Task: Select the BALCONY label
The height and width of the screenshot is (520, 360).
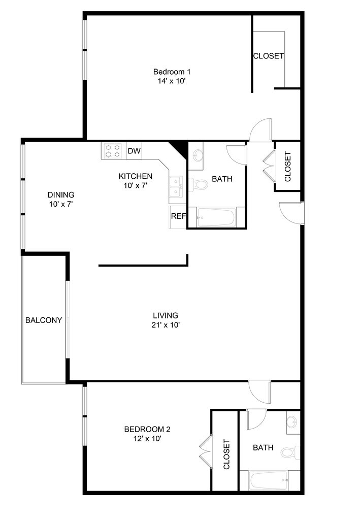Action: tap(44, 320)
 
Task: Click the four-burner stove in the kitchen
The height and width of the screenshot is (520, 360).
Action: tap(113, 150)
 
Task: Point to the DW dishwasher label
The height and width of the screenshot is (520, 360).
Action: tap(134, 151)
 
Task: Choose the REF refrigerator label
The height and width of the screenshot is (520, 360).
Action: tap(178, 216)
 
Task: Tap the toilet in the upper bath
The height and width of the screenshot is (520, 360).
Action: tap(199, 184)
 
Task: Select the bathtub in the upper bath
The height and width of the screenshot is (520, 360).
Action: tap(215, 218)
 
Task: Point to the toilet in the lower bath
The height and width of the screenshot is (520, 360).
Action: tap(290, 451)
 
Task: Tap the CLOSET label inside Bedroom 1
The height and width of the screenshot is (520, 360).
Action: tap(268, 56)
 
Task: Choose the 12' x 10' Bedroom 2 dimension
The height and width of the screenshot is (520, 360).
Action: tap(144, 439)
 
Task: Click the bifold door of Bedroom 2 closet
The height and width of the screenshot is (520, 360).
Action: tap(205, 451)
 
